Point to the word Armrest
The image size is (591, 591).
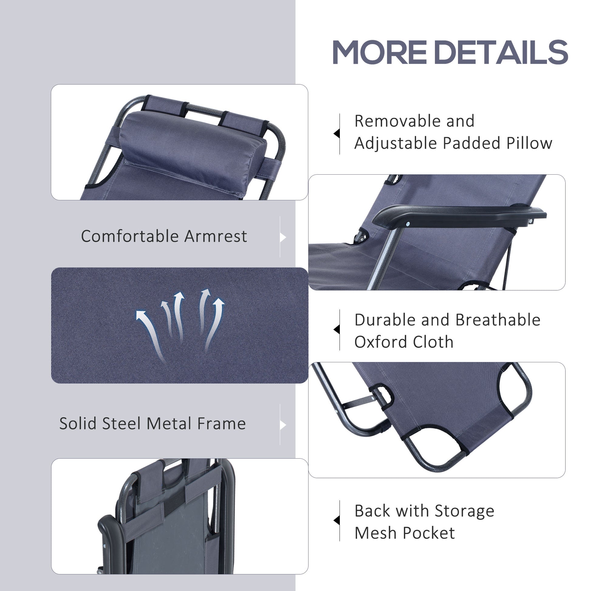[x=216, y=236]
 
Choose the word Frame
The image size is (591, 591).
[x=221, y=424]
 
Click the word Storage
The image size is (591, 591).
[x=464, y=511]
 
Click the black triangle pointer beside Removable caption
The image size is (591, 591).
[x=336, y=134]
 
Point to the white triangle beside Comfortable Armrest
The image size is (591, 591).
[x=283, y=237]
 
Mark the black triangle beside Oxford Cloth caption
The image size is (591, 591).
[x=336, y=330]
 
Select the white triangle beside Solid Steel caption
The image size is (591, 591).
[x=283, y=425]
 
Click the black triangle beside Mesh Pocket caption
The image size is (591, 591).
[x=336, y=520]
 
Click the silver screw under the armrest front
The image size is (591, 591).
[x=407, y=224]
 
